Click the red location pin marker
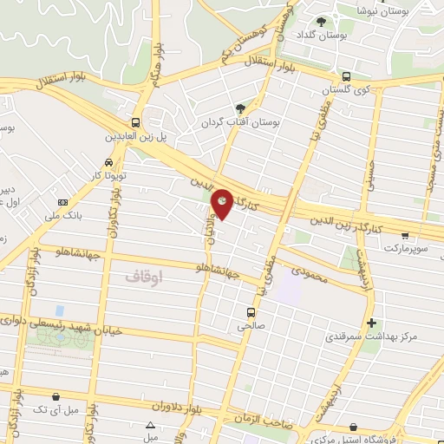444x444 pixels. point(222,202)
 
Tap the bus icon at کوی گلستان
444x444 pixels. point(346,75)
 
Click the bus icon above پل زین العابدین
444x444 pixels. point(135,122)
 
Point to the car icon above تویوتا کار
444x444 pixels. point(108,161)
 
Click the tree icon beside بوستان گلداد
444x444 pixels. point(323,21)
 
